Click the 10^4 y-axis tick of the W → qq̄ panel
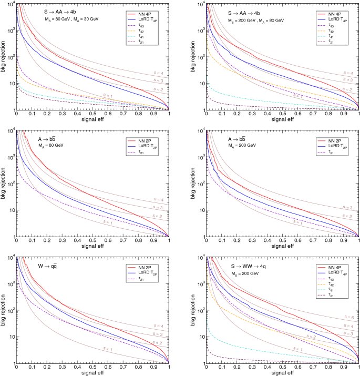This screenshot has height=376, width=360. tap(9, 258)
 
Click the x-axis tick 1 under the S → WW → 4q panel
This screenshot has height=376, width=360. tap(358, 367)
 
